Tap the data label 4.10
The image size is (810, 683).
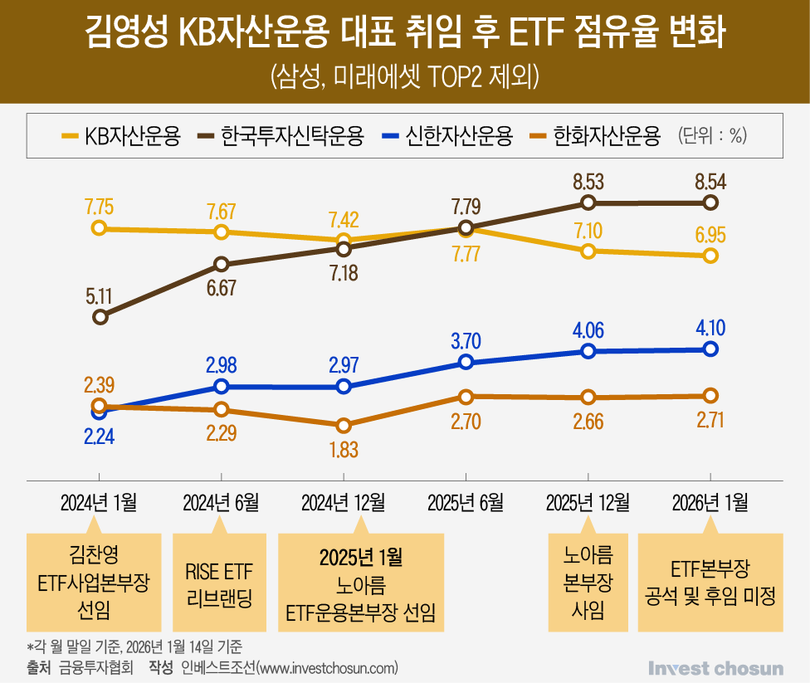(x=710, y=328)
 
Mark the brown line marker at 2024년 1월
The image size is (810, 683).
(x=100, y=316)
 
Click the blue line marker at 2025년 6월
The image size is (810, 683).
(x=466, y=362)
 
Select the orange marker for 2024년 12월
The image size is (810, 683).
(x=344, y=425)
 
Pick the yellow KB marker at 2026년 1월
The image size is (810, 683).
(x=710, y=256)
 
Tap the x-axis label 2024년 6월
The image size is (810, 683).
(x=221, y=503)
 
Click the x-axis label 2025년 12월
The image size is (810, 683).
(x=588, y=503)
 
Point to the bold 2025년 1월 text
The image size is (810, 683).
(x=360, y=554)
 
